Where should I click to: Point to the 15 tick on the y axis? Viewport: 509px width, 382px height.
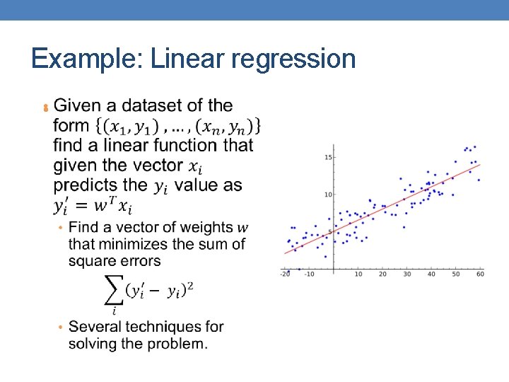[x=328, y=157]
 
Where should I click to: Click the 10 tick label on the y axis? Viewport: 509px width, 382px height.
[x=328, y=195]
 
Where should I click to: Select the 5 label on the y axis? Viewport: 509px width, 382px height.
[x=330, y=232]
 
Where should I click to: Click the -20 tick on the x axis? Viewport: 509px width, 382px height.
[x=284, y=274]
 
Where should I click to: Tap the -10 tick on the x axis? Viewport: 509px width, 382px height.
[x=309, y=274]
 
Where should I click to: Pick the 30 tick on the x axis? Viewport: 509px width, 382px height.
[x=407, y=274]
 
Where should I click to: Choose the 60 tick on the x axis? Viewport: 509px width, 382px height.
[x=480, y=274]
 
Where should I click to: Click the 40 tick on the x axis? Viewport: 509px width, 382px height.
[x=432, y=274]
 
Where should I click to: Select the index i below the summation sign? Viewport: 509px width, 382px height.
[x=113, y=310]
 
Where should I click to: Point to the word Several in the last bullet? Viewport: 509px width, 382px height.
[x=97, y=327]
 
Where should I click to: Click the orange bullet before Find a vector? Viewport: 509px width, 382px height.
[x=61, y=228]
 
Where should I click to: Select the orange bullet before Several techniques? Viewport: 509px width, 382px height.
[x=61, y=328]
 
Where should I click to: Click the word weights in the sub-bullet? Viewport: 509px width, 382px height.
[x=206, y=228]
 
